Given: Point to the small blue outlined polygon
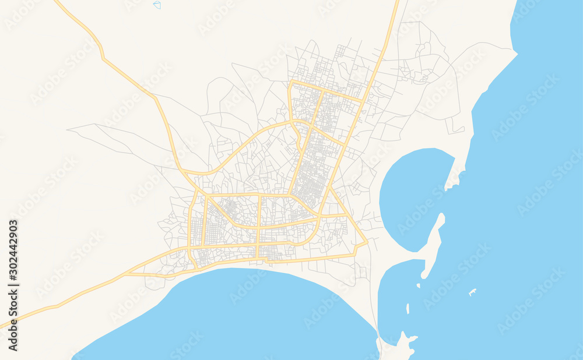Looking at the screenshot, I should coord(157,5).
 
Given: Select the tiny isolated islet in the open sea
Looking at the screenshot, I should coord(473,291).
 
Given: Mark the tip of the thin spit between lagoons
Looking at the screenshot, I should coord(441,216).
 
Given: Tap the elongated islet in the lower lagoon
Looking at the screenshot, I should coord(408,308).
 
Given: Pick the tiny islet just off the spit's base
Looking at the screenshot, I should coord(419,285).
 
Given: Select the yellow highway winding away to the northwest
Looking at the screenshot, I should coord(105,58).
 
